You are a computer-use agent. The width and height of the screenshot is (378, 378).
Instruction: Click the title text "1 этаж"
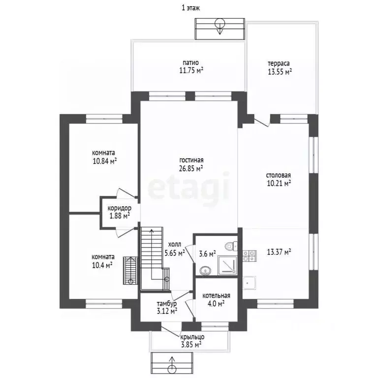[190, 8]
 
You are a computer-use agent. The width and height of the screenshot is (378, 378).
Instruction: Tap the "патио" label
[190, 63]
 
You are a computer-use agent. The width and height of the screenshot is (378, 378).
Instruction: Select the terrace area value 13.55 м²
[280, 71]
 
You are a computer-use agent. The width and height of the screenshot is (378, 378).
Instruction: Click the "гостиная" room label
[191, 160]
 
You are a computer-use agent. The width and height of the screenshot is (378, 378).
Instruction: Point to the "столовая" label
[278, 175]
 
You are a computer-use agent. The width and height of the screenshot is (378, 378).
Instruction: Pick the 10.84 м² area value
[105, 161]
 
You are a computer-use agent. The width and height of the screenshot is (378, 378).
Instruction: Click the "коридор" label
[119, 208]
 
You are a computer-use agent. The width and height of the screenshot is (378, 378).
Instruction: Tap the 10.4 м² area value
[102, 265]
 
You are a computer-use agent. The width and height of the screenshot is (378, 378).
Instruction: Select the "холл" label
[174, 245]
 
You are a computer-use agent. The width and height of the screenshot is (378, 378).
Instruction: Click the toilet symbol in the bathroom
[231, 246]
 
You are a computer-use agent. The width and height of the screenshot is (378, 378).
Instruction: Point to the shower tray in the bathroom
[227, 265]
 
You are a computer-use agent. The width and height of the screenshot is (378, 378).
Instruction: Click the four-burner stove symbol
[250, 256]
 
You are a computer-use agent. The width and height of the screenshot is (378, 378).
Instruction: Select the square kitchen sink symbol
[250, 283]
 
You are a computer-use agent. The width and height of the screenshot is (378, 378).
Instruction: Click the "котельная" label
[216, 295]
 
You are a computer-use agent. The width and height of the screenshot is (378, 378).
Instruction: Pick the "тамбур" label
[167, 304]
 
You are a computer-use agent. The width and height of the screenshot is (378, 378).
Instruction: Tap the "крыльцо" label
[192, 337]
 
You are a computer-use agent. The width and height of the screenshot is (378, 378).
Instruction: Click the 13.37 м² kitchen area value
[279, 252]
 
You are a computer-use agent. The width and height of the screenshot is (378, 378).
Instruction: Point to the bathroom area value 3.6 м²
[207, 253]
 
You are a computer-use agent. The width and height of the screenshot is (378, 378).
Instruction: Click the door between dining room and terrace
[262, 122]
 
